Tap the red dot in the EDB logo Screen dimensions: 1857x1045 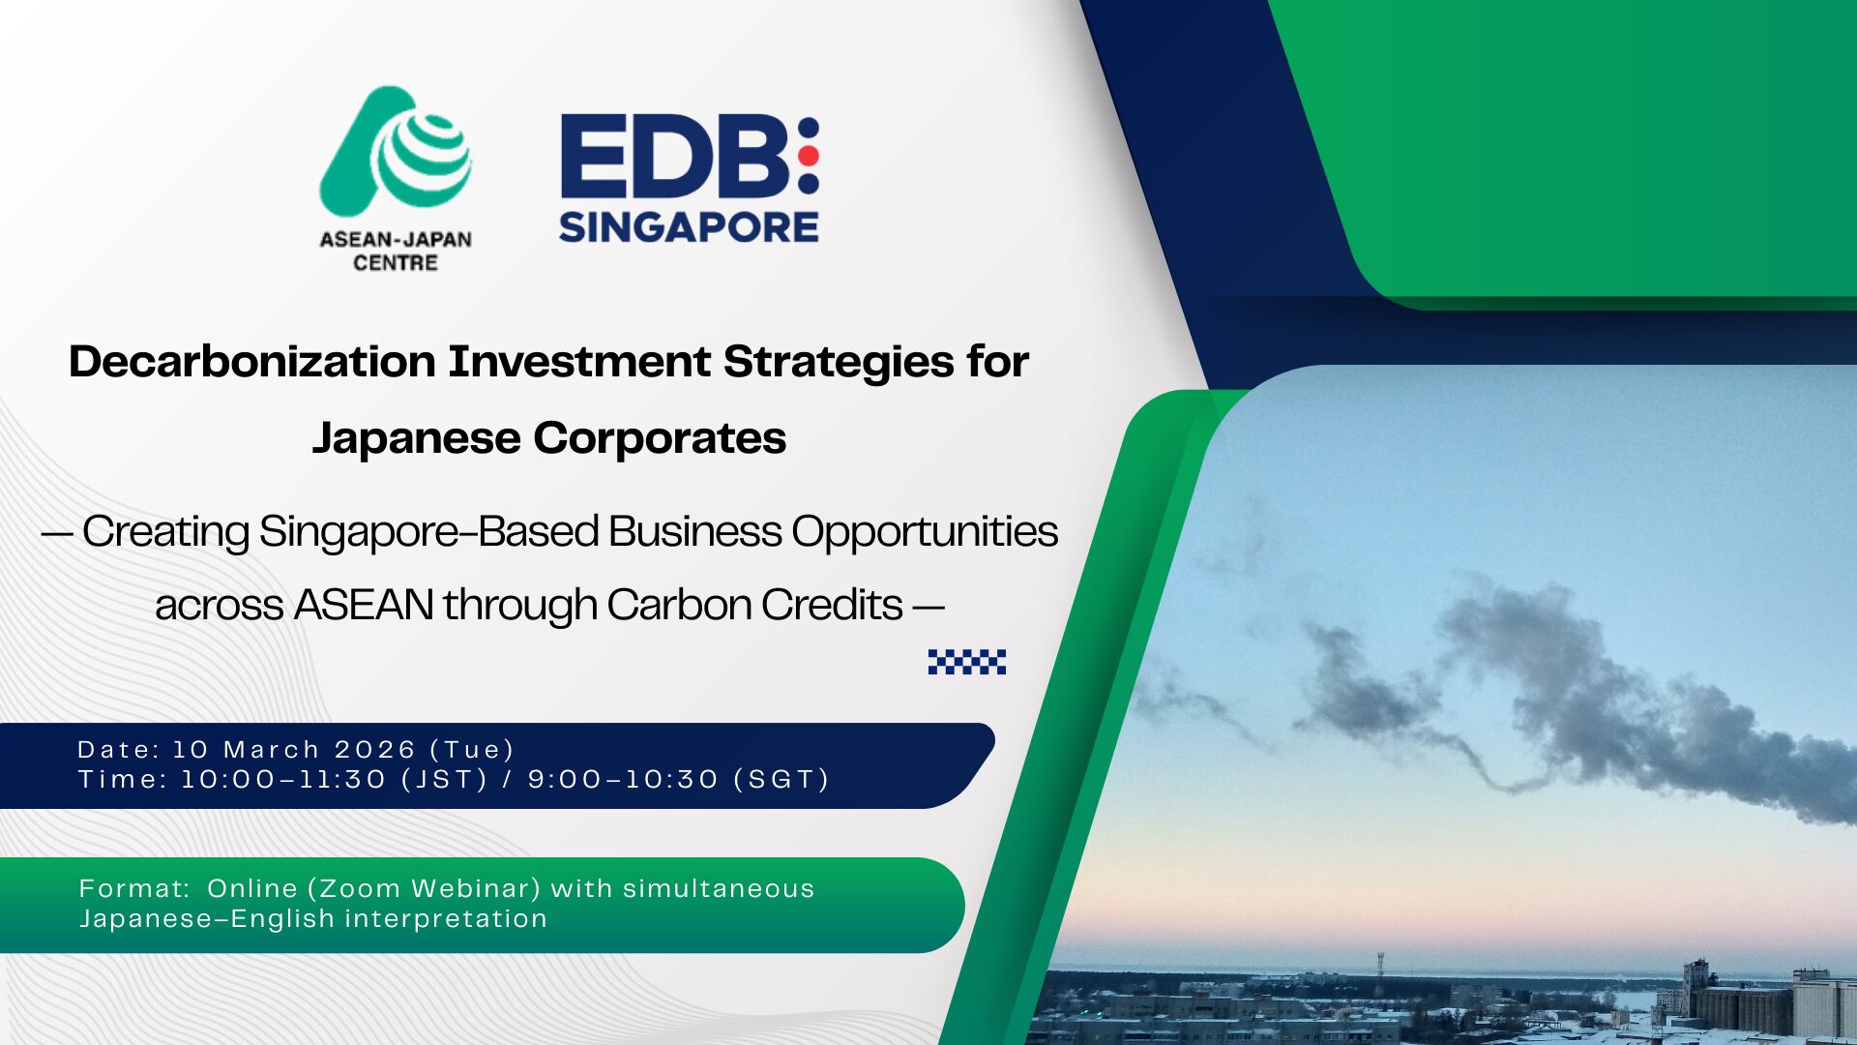[x=810, y=155]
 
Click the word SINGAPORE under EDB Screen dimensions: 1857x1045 [x=689, y=226]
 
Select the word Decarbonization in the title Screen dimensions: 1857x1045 [x=252, y=362]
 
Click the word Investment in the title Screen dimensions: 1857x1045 [x=579, y=362]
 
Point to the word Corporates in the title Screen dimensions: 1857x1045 [x=660, y=438]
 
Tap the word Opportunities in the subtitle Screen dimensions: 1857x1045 [x=925, y=532]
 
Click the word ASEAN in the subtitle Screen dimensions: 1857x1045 [x=363, y=606]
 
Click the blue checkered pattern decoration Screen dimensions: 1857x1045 [x=967, y=662]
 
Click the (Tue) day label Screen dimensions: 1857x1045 [x=472, y=750]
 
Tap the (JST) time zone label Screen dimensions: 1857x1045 [x=445, y=780]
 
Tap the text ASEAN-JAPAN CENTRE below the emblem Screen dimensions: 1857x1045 [x=396, y=252]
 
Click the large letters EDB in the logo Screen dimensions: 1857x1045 [x=676, y=155]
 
